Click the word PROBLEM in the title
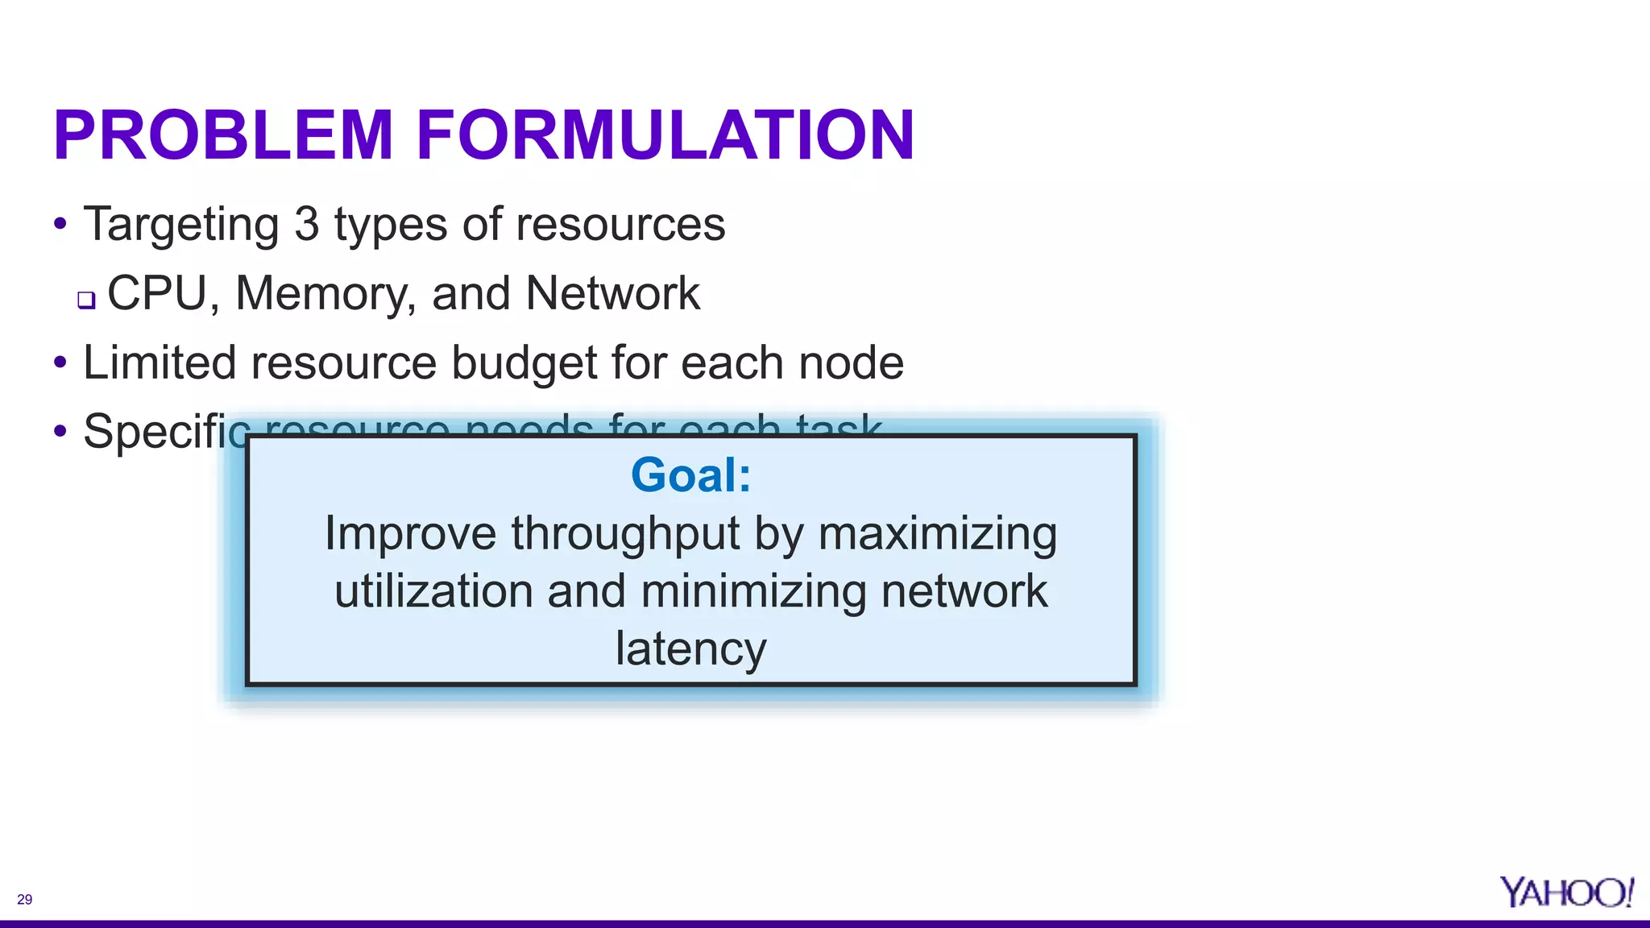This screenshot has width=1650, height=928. click(223, 135)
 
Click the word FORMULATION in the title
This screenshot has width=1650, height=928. click(665, 135)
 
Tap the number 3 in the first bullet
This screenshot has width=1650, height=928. click(306, 224)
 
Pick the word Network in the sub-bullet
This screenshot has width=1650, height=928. click(612, 293)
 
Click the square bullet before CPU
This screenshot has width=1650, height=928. click(86, 300)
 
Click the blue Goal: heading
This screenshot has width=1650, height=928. click(690, 474)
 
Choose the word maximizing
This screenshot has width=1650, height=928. click(937, 534)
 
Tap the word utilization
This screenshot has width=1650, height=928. click(433, 591)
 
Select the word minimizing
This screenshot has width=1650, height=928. click(753, 591)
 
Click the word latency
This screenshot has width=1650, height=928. click(690, 649)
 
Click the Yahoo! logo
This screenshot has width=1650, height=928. click(1566, 892)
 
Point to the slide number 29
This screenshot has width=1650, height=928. click(24, 899)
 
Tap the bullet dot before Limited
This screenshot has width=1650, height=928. click(60, 362)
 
